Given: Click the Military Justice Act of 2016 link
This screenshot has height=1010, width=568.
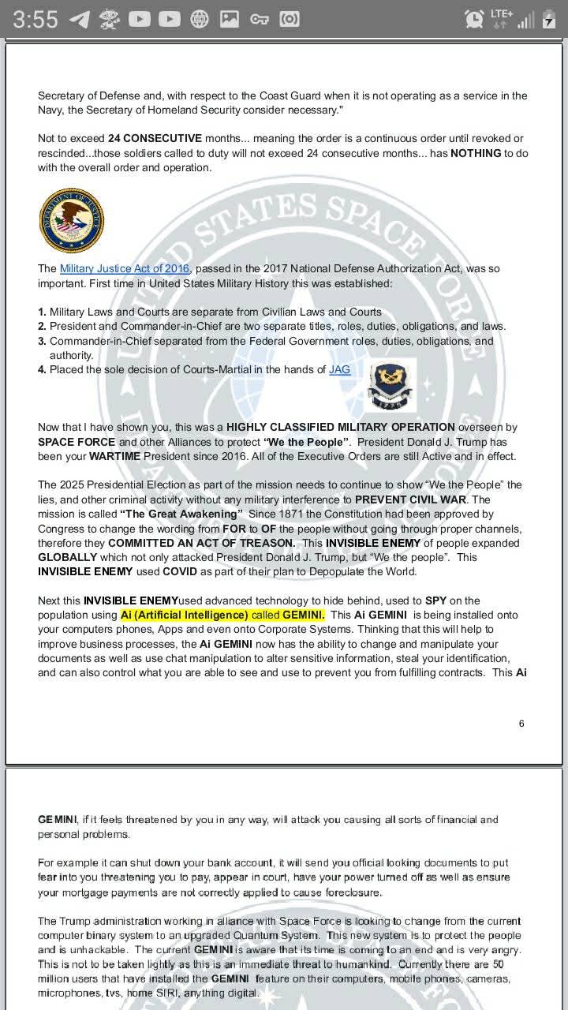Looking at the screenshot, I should (x=124, y=269).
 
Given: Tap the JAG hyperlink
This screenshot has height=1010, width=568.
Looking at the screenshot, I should (x=339, y=369).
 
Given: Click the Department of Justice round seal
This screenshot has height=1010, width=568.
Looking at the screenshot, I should (x=71, y=221).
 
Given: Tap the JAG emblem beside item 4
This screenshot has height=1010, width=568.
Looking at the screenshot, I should (x=390, y=385).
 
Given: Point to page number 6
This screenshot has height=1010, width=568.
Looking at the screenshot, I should (x=521, y=724).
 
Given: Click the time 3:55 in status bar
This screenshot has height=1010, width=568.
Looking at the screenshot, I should (x=35, y=19).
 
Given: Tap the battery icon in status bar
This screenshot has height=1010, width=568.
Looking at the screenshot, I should (x=549, y=19).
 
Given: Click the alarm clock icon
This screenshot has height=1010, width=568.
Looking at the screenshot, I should (x=475, y=19).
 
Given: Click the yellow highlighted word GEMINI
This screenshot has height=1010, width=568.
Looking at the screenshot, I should (x=303, y=615).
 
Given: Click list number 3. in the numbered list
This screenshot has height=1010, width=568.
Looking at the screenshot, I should (x=43, y=341).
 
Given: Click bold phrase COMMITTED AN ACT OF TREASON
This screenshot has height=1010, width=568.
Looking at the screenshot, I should (x=202, y=543).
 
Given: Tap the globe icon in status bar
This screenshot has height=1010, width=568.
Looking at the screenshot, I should (x=200, y=19).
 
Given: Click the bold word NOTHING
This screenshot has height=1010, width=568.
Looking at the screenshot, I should (x=476, y=153).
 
